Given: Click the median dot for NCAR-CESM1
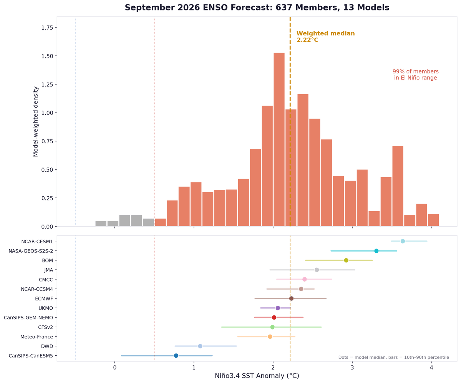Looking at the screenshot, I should pos(403,241).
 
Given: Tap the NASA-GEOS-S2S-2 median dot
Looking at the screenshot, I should pos(376,251).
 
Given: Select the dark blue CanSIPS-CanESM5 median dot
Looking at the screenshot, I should pos(176,356).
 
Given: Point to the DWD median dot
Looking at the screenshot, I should pos(200,346).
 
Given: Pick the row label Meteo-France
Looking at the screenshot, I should pos(36,337).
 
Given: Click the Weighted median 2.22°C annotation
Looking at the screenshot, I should pos(325,37).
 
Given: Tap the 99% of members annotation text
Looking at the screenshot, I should pos(415,75).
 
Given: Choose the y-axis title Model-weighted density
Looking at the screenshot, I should pos(36,121).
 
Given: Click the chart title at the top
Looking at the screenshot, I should pos(257,8).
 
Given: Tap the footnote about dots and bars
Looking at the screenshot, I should pos(393,358).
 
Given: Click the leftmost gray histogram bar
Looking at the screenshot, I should pos(101,224).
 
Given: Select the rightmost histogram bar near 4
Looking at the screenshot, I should pos(433,221).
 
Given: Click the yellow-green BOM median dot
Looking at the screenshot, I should pos(346,260).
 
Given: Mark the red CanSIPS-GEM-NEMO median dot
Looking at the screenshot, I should pos(274,318).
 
